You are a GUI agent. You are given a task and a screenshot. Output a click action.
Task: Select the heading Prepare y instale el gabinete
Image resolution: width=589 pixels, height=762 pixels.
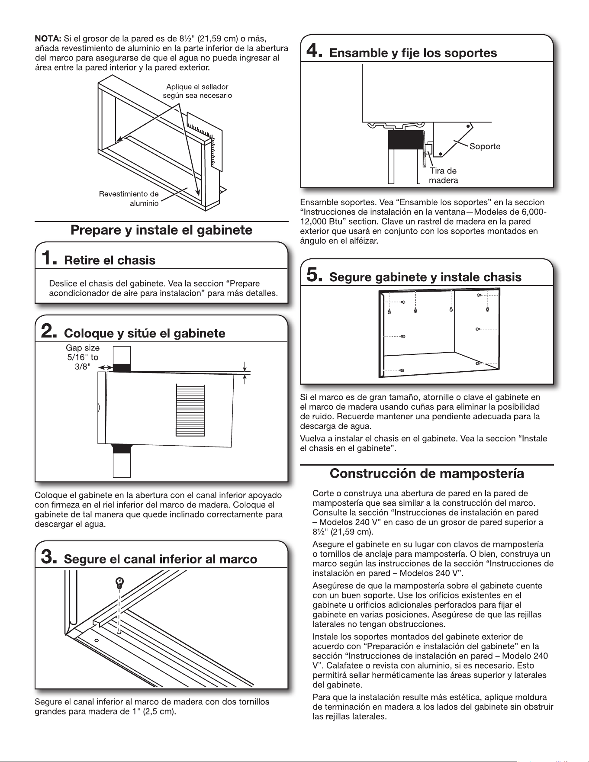(161, 230)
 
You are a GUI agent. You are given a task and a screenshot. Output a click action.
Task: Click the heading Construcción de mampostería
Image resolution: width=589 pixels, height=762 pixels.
(427, 473)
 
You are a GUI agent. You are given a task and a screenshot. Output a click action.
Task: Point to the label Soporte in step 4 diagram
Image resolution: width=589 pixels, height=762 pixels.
(485, 146)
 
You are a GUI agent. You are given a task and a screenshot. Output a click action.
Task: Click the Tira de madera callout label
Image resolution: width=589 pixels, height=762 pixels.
(443, 175)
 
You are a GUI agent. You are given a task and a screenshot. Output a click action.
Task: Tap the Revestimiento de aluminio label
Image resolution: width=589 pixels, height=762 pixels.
(129, 199)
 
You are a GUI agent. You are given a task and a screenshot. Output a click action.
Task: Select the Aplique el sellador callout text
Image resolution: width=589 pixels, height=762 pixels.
(197, 91)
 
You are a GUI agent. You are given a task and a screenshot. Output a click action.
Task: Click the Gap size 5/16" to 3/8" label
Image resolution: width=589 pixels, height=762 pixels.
(83, 357)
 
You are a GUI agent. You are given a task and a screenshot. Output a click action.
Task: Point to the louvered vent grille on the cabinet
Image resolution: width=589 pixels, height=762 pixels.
(190, 410)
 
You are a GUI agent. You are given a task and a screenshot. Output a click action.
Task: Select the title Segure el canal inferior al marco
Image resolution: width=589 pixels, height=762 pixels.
(161, 559)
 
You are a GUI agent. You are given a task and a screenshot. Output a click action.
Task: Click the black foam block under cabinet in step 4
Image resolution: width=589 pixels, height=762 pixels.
(406, 139)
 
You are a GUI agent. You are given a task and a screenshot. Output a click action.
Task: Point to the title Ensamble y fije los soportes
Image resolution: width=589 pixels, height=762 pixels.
(413, 53)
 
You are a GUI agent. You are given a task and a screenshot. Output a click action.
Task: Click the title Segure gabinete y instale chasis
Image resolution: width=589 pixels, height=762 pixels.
(425, 277)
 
